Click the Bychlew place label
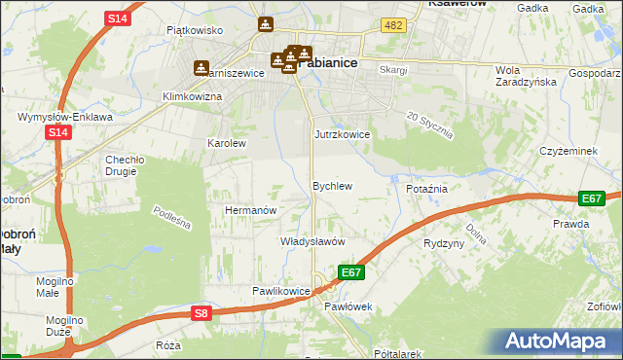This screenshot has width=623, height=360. point(331,185)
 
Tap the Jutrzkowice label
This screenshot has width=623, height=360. point(342,134)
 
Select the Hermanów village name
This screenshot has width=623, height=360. point(252,210)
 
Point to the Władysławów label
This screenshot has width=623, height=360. point(313,240)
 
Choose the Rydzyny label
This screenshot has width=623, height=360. point(444,243)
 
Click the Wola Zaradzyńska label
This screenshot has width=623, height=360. point(527,76)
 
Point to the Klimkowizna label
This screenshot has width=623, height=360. point(192,97)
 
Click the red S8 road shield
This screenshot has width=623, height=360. point(201,312)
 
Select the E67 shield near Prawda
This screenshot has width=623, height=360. point(591,198)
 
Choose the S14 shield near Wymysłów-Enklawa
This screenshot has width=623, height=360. point(57,132)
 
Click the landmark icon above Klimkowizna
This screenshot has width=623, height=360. point(202,68)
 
